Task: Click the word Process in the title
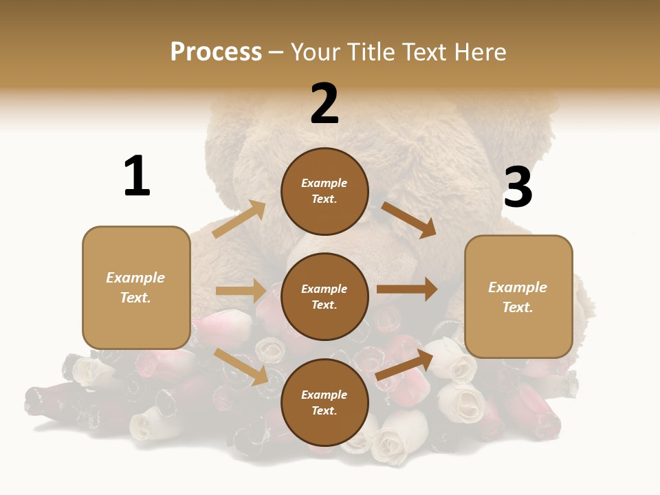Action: (x=216, y=52)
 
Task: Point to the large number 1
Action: (x=137, y=176)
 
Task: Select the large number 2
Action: (x=324, y=104)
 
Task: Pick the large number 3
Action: (x=518, y=187)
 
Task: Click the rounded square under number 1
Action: (x=136, y=287)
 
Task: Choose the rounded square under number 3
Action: (x=518, y=297)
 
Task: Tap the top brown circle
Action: (x=324, y=191)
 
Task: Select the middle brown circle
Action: (x=324, y=296)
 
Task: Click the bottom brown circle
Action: (x=324, y=402)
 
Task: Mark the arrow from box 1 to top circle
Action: (x=239, y=219)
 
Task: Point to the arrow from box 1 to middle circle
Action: (x=241, y=291)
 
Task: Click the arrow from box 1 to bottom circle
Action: (x=241, y=366)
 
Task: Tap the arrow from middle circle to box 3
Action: (x=407, y=289)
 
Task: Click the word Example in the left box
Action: (x=135, y=278)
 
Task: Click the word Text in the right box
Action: (x=517, y=307)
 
